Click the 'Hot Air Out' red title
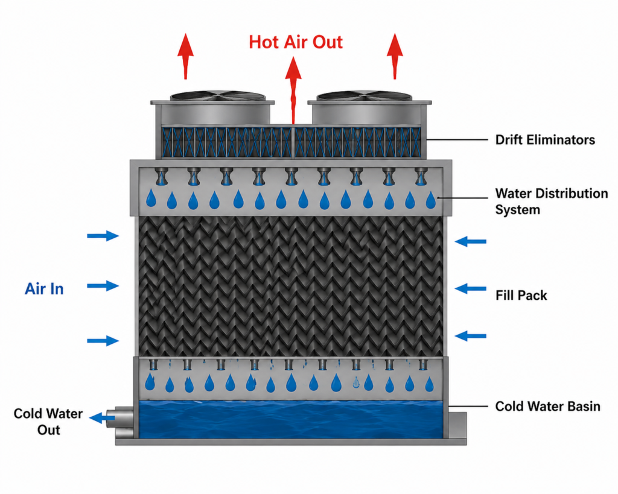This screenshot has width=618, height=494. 296,42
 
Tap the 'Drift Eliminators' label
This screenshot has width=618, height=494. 545,140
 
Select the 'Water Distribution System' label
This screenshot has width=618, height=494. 552,201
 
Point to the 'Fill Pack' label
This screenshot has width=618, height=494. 521,295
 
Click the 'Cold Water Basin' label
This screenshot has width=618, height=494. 547,406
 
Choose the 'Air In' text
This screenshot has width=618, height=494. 44,289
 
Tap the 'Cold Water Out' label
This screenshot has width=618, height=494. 48,422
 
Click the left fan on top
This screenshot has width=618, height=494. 217,96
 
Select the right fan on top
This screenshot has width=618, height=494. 365,96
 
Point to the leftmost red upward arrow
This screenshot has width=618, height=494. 185,56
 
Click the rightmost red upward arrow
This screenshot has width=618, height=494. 395,56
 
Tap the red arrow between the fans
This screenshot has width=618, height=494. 293,90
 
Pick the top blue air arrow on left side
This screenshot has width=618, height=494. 103,236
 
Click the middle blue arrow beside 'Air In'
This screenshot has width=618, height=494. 103,286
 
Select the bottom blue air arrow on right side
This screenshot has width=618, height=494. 470,336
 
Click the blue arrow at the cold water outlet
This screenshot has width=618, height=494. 102,417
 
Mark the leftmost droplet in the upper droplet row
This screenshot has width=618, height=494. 151,198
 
